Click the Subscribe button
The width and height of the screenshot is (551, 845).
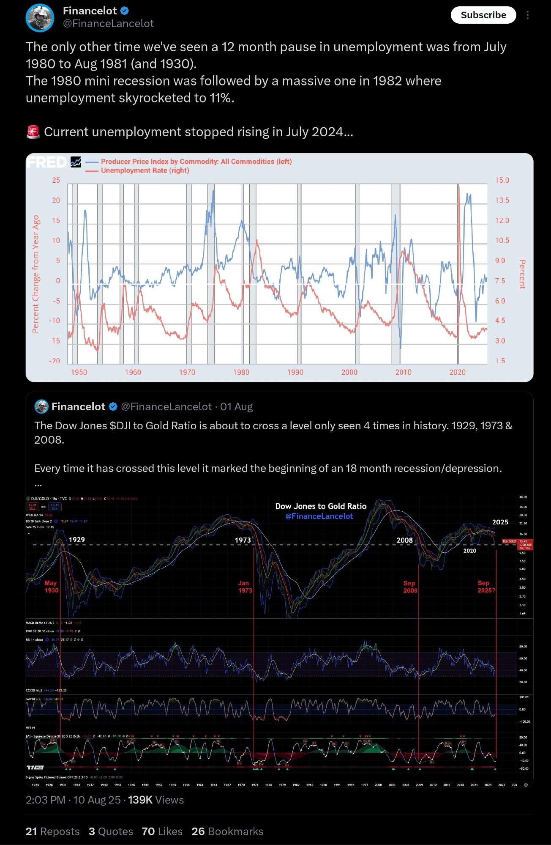click(483, 15)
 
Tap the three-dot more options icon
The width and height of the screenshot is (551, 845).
click(527, 15)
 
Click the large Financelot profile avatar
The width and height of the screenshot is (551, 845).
click(40, 18)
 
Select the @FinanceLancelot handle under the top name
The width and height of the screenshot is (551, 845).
click(108, 24)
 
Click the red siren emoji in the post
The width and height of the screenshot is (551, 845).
click(33, 132)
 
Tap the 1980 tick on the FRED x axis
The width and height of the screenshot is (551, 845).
click(241, 372)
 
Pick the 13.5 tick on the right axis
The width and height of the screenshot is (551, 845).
click(502, 200)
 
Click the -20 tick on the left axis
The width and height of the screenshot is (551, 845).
click(55, 361)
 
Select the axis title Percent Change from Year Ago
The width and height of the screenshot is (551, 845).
click(36, 274)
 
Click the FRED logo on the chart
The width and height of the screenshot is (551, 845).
click(47, 162)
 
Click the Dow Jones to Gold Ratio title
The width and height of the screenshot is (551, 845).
click(321, 506)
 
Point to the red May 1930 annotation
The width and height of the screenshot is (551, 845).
click(51, 587)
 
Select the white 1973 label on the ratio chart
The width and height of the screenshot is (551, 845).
click(243, 540)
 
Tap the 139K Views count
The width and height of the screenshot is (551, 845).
click(155, 800)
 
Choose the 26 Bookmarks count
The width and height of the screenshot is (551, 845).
click(227, 831)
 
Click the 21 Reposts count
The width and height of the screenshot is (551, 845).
click(52, 831)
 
